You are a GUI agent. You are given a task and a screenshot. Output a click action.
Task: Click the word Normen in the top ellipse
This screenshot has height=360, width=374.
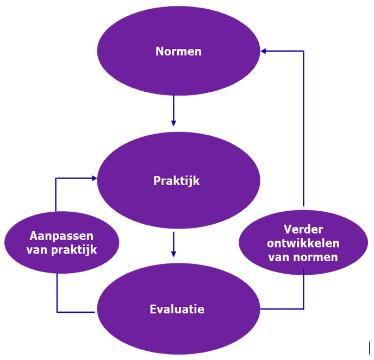click(178, 52)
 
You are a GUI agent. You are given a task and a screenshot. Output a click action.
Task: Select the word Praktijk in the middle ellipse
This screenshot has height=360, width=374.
click(176, 181)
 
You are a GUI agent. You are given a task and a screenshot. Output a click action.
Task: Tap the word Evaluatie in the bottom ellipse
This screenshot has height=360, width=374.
click(177, 310)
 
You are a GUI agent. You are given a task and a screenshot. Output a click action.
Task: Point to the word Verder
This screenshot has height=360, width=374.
click(303, 230)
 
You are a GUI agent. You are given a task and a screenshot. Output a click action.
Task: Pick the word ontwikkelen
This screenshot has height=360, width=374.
click(303, 243)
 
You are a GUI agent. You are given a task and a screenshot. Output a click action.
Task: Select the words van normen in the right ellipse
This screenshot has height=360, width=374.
click(303, 256)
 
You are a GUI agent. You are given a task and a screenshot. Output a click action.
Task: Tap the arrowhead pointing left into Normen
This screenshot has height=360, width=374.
click(264, 51)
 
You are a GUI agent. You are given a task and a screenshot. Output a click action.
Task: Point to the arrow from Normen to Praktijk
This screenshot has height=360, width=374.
click(173, 109)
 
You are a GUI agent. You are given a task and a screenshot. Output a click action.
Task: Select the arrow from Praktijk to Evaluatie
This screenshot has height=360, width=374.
click(173, 244)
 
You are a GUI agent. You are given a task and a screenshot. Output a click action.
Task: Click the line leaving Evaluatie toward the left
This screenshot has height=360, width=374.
click(76, 312)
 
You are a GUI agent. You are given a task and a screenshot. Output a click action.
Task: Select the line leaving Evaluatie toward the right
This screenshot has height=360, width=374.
click(283, 310)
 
